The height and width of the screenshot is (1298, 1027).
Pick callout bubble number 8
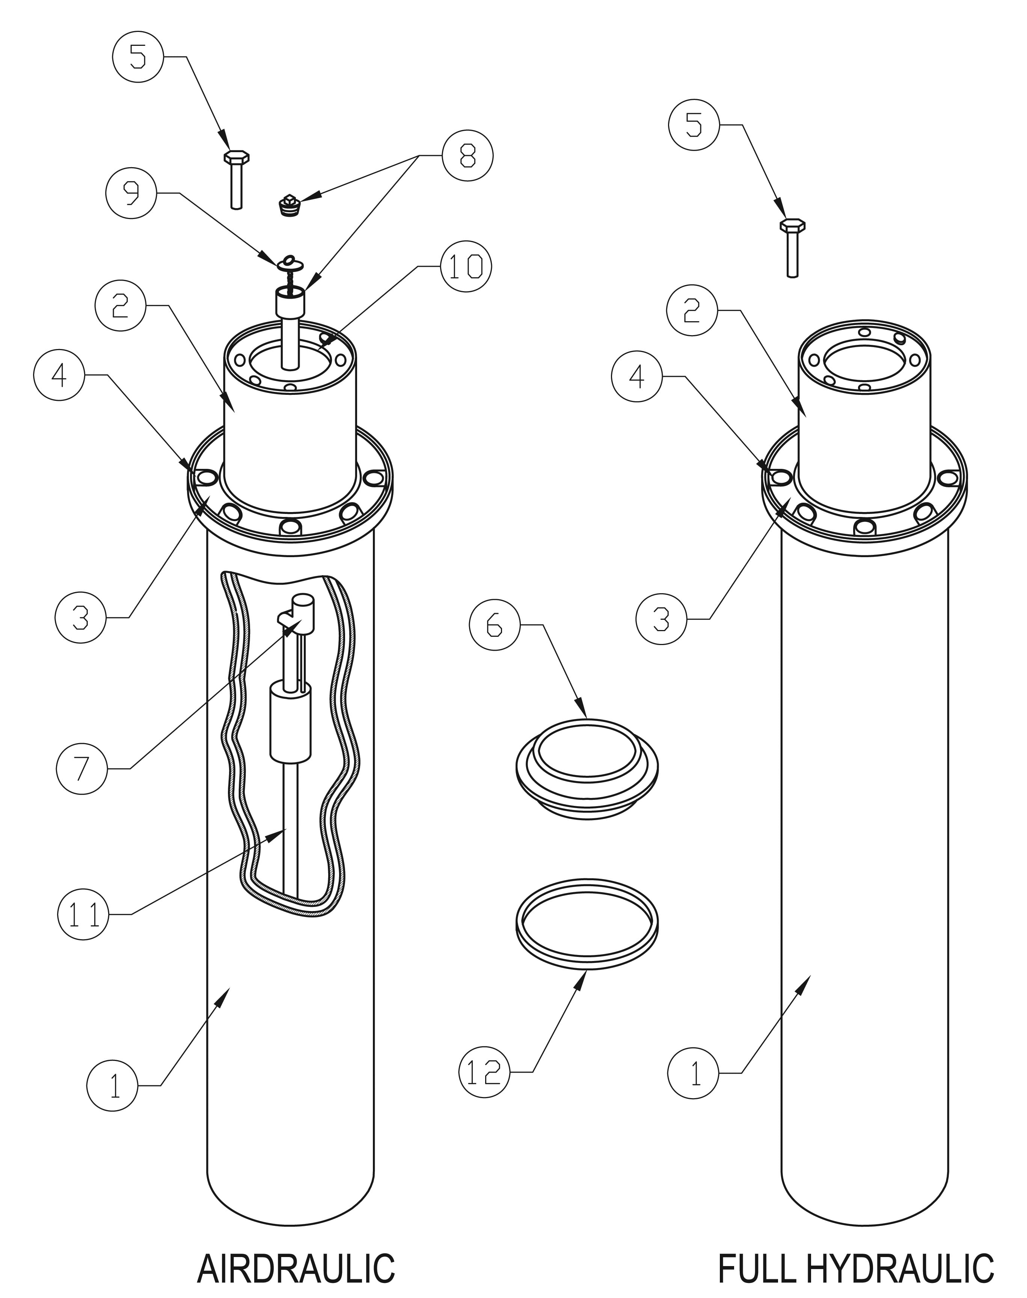[467, 155]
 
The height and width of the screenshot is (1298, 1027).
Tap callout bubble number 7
[82, 768]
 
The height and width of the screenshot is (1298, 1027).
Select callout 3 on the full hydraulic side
[661, 619]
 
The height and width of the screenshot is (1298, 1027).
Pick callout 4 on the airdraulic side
[59, 375]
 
